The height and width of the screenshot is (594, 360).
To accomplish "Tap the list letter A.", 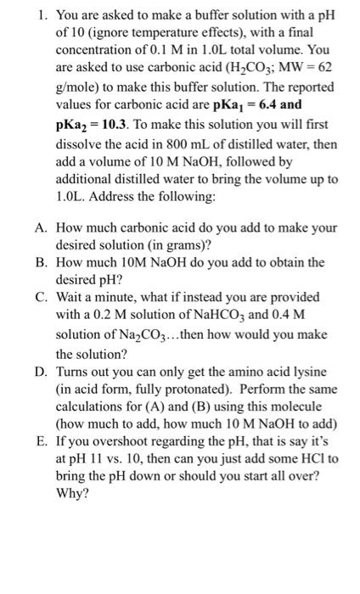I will click(40, 227).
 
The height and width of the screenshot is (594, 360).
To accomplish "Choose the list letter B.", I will click(40, 263).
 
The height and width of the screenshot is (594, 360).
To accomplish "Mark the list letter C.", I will click(40, 299).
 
